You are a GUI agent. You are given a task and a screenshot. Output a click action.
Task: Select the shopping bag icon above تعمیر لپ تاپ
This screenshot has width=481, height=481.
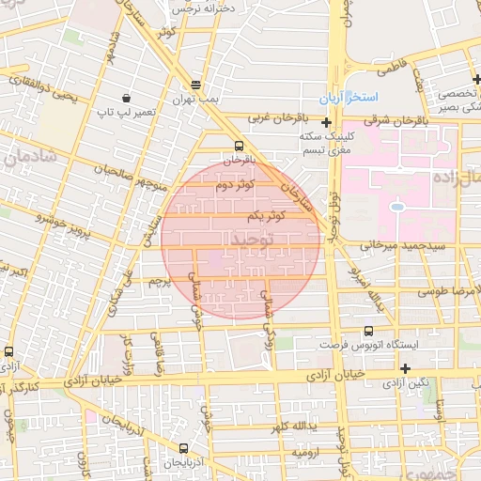point(126,98)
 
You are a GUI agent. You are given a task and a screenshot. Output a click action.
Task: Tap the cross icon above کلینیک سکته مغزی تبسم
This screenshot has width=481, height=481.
point(326,122)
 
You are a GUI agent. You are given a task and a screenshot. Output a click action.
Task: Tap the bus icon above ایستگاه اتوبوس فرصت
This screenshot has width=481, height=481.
point(368,331)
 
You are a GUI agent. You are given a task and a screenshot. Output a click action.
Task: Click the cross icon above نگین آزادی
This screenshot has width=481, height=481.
point(405,368)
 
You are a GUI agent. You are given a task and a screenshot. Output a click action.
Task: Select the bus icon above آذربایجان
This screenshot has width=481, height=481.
point(182,448)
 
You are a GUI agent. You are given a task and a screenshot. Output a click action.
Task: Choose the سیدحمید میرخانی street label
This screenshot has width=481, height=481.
point(393,245)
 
